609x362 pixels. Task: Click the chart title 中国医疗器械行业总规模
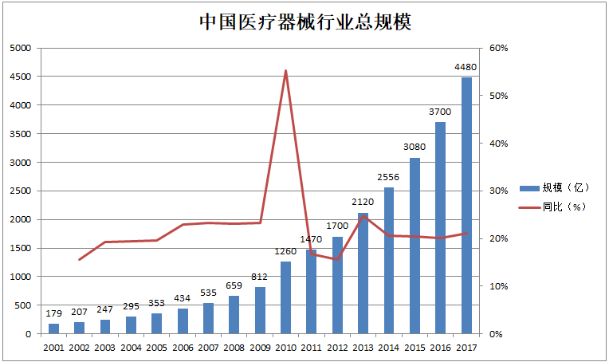pyautogui.click(x=304, y=22)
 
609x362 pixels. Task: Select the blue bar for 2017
pyautogui.click(x=466, y=205)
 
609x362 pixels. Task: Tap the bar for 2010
pyautogui.click(x=285, y=297)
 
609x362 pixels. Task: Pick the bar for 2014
pyautogui.click(x=389, y=261)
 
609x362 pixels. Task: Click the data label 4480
pyautogui.click(x=466, y=67)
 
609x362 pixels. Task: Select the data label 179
pyautogui.click(x=53, y=314)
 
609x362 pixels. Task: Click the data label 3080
pyautogui.click(x=415, y=148)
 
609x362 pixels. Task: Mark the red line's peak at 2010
pyautogui.click(x=285, y=71)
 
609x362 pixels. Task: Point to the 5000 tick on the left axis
pyautogui.click(x=19, y=48)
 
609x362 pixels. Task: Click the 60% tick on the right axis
pyautogui.click(x=498, y=48)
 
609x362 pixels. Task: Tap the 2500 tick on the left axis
pyautogui.click(x=19, y=191)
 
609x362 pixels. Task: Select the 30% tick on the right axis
pyautogui.click(x=498, y=191)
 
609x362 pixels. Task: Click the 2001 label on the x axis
pyautogui.click(x=53, y=348)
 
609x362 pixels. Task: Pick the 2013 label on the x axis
pyautogui.click(x=363, y=348)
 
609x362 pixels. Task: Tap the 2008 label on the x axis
pyautogui.click(x=234, y=348)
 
